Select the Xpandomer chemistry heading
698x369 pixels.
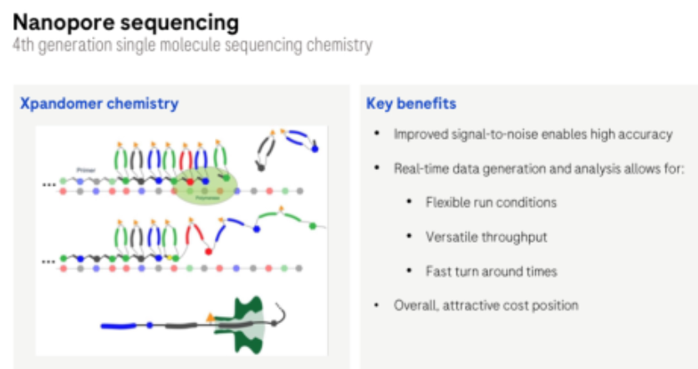coord(99,104)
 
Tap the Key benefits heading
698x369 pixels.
coord(411,104)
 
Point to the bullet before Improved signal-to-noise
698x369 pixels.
coord(377,134)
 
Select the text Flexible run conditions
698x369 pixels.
coord(491,202)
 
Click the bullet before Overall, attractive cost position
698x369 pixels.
coord(377,305)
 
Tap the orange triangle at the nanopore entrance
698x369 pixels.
coord(210,316)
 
